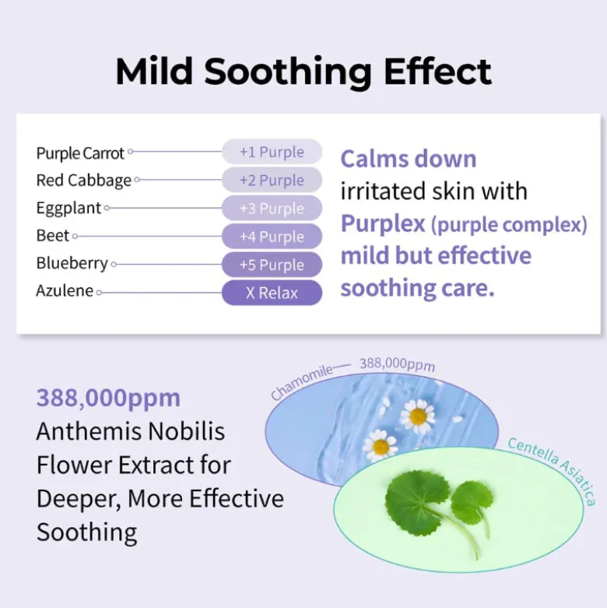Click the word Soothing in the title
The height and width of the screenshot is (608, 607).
coord(288,72)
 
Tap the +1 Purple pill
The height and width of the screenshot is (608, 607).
coord(272,152)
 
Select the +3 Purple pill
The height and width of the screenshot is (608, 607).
coord(272,208)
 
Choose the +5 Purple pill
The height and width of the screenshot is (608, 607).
coord(272,265)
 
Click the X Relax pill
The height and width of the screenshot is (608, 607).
coord(272,293)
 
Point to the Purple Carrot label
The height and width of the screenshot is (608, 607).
coord(80,153)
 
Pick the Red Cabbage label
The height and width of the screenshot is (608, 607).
coord(84,181)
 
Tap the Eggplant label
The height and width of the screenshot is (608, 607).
coord(68,208)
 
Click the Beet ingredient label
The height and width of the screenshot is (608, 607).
coord(53,235)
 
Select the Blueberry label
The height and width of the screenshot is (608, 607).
coord(72,263)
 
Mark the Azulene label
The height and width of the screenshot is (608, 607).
coord(65,290)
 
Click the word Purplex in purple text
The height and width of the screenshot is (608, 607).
coord(383,224)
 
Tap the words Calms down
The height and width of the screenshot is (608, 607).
coord(409,159)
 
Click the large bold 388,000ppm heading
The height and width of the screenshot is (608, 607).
coord(108,399)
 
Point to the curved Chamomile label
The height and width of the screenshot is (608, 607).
coord(302,381)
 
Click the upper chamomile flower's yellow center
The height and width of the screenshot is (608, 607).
coord(418,416)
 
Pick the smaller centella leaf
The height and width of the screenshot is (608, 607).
coord(472,498)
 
